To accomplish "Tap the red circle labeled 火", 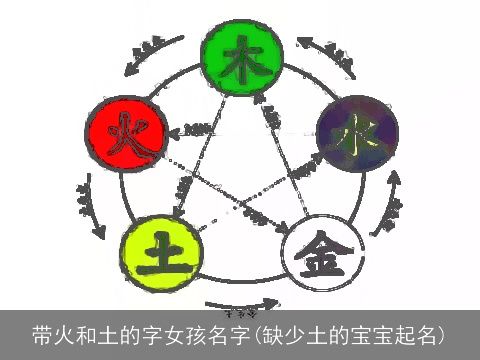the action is (x=121, y=131).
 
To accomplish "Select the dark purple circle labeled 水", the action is (x=357, y=131).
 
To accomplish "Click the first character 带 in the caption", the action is (x=43, y=333).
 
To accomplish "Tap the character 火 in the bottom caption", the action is (x=65, y=333).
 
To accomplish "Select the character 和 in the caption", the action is (x=87, y=333).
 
